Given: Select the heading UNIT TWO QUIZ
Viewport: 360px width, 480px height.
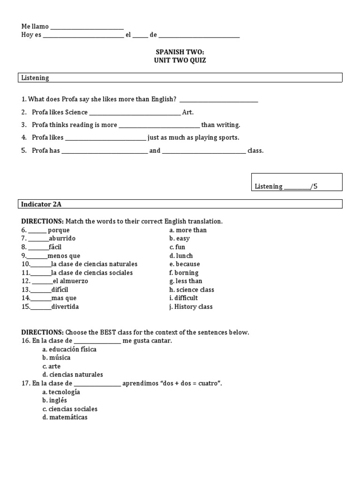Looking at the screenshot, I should click(x=180, y=60).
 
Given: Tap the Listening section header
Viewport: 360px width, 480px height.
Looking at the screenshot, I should click(x=35, y=78).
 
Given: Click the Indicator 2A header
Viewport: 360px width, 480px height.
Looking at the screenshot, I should click(x=41, y=204).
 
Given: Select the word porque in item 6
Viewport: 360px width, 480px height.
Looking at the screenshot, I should click(x=59, y=230).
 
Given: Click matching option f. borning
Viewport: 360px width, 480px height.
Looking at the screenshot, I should click(x=184, y=273).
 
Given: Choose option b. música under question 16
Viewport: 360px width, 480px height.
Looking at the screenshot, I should click(x=56, y=358).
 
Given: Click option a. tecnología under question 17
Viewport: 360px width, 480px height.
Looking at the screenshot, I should click(x=61, y=392).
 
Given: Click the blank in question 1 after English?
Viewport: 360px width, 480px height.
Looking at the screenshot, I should click(x=218, y=100).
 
